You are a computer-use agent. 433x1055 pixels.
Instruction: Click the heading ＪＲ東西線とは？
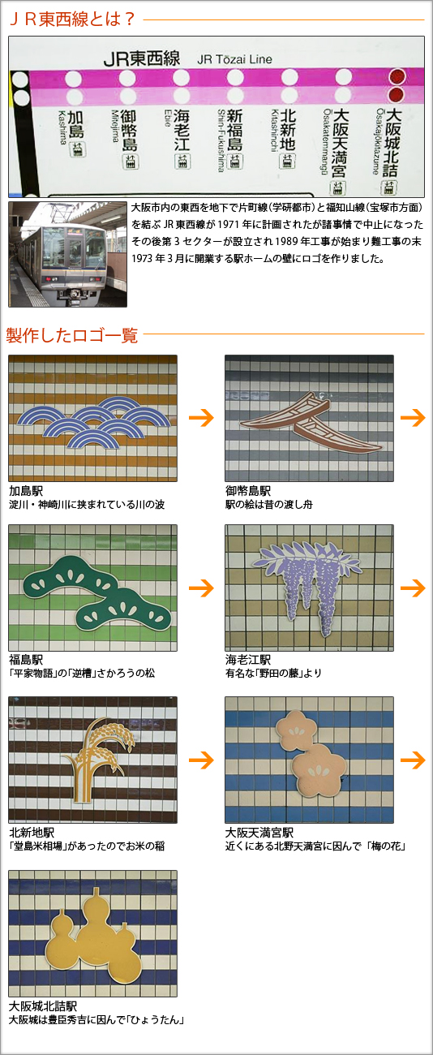click(72, 19)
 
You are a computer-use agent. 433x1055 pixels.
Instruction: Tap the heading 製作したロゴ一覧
click(72, 335)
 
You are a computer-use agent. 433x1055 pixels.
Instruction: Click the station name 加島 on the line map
click(75, 124)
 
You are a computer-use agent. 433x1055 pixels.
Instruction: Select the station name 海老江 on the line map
click(182, 130)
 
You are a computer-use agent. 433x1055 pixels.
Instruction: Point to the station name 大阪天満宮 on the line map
click(338, 143)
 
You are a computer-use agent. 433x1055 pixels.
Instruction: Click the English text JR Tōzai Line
click(234, 59)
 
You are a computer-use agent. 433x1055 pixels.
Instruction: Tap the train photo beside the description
click(68, 254)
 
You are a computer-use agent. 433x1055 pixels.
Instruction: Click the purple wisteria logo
click(307, 587)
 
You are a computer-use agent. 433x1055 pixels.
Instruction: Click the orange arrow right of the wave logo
click(201, 417)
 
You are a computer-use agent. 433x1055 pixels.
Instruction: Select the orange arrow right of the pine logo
click(201, 588)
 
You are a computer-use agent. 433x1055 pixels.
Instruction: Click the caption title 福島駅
click(26, 659)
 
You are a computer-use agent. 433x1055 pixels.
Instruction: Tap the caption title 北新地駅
click(32, 832)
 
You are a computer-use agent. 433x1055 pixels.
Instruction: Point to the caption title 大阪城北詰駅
click(43, 1006)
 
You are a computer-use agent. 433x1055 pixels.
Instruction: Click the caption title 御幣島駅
click(248, 491)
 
